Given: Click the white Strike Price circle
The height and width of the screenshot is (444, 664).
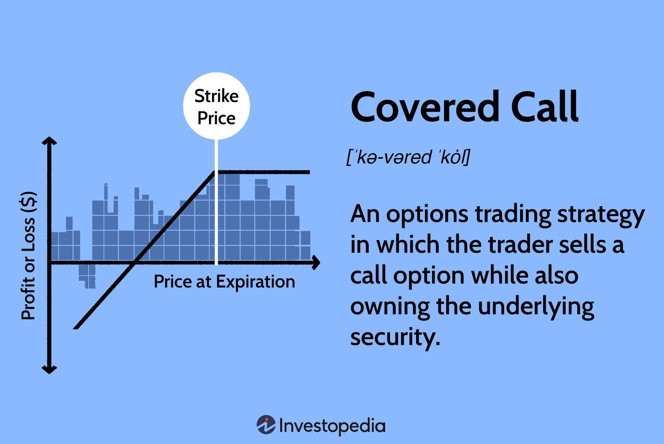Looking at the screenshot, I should pyautogui.click(x=216, y=106).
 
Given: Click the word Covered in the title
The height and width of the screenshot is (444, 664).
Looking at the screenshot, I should pyautogui.click(x=425, y=107).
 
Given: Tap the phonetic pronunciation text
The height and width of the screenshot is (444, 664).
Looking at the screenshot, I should pyautogui.click(x=408, y=157).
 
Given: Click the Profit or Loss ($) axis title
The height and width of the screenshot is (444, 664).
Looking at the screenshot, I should pyautogui.click(x=28, y=256).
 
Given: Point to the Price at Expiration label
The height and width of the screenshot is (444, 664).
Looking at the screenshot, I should pyautogui.click(x=224, y=282).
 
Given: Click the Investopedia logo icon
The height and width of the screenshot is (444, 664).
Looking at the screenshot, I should pyautogui.click(x=266, y=425).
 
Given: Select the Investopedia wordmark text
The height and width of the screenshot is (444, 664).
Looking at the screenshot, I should pyautogui.click(x=332, y=426).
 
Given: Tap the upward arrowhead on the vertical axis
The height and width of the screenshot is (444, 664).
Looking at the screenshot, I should pyautogui.click(x=49, y=141).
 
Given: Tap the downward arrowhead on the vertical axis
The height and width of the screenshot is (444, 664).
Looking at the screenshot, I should pyautogui.click(x=49, y=369).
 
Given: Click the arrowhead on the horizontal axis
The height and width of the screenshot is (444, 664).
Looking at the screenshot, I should pyautogui.click(x=316, y=263).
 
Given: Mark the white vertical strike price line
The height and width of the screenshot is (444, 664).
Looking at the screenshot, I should pyautogui.click(x=216, y=204).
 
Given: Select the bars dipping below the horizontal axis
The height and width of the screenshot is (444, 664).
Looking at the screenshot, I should pyautogui.click(x=88, y=275).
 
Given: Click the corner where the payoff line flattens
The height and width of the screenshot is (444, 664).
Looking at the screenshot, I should pyautogui.click(x=216, y=172).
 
